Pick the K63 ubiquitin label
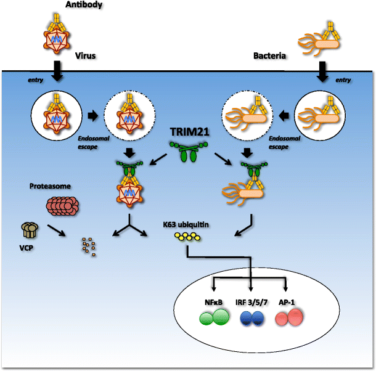[189, 226]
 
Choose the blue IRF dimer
[253, 319]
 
